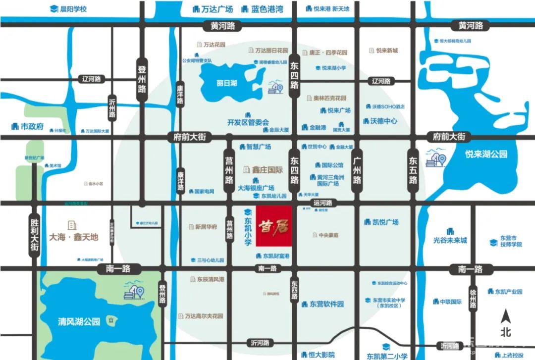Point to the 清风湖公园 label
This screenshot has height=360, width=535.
[75, 321]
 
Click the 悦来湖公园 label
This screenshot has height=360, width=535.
[486, 154]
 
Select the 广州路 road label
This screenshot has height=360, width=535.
[357, 170]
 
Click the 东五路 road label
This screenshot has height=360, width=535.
[413, 170]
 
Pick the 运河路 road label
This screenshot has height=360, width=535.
[324, 203]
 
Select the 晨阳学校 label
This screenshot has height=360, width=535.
[73, 9]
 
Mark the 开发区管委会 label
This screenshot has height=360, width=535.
[248, 122]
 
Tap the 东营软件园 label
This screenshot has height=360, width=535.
[326, 304]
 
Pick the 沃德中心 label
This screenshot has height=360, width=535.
[383, 121]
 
